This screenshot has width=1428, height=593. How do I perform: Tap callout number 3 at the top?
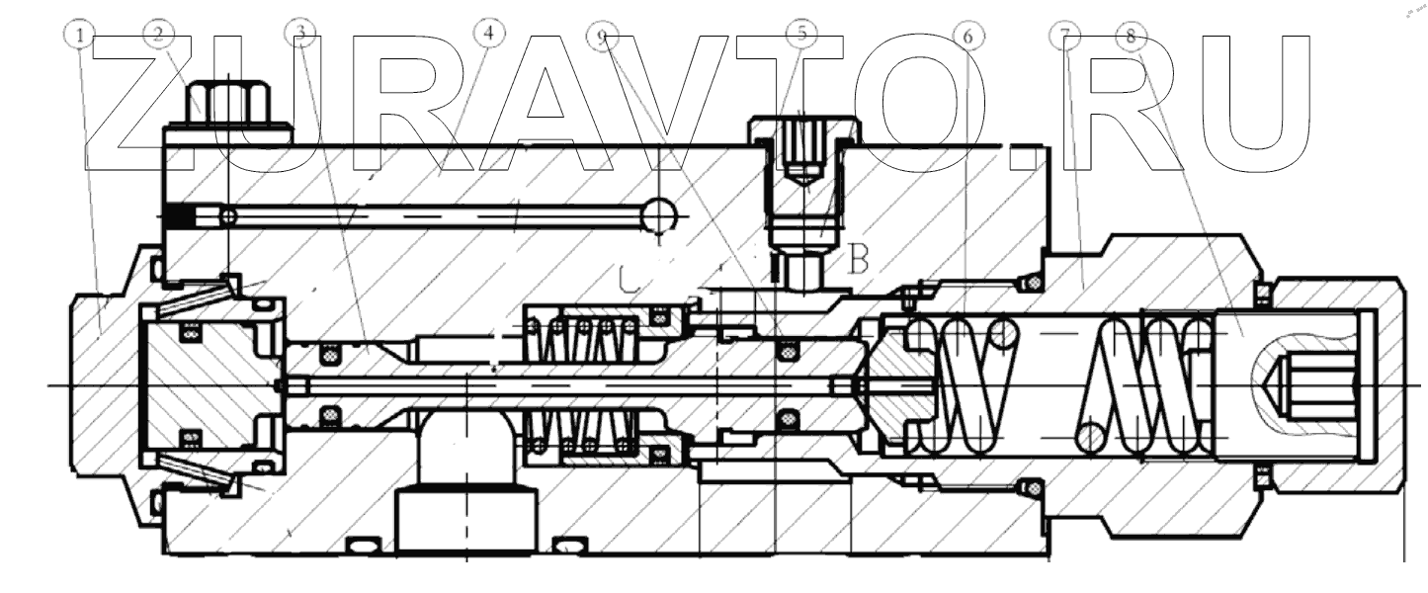pyautogui.click(x=303, y=34)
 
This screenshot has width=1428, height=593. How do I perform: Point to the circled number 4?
pyautogui.click(x=486, y=33)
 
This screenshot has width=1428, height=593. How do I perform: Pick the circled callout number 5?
pyautogui.click(x=801, y=34)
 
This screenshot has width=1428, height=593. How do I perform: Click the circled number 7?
pyautogui.click(x=1064, y=36)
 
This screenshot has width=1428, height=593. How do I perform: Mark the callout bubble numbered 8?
pyautogui.click(x=1131, y=36)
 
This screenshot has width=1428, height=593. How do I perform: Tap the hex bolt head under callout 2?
pyautogui.click(x=226, y=105)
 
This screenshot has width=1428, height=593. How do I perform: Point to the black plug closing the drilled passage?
pyautogui.click(x=178, y=215)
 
